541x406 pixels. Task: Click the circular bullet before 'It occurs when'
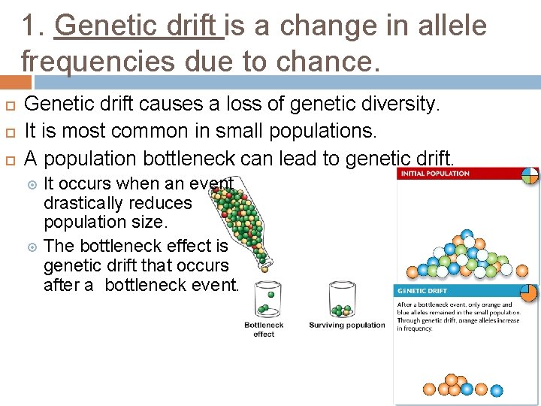[32, 183]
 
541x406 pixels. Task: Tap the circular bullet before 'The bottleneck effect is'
[32, 246]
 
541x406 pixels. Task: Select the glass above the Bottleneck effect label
[265, 300]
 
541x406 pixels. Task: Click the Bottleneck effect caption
[264, 329]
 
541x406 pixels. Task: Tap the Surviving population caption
[346, 326]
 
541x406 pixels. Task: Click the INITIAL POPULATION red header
[436, 174]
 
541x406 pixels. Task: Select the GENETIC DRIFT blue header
[423, 291]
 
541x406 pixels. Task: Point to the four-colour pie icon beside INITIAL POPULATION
[530, 174]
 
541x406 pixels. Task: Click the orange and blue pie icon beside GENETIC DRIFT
[529, 292]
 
